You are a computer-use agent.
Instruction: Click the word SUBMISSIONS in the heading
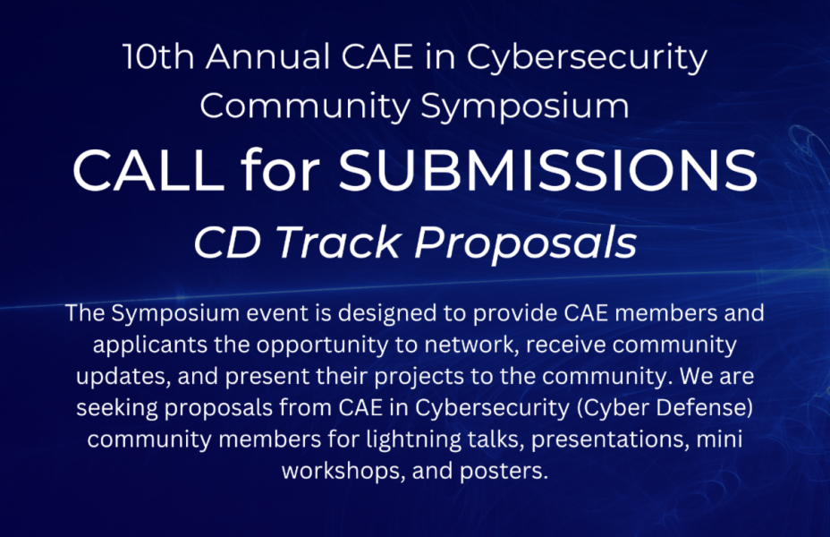548,170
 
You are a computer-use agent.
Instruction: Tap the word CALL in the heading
148,170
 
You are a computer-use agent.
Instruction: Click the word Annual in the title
267,56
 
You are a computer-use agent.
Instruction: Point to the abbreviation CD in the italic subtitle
227,243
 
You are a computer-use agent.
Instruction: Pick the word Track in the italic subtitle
338,243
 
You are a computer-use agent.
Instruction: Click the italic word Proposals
526,244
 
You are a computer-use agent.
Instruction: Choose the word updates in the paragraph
123,377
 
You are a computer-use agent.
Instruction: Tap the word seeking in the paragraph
117,408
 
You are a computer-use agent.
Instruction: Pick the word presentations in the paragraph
610,440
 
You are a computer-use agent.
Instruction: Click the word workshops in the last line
341,472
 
